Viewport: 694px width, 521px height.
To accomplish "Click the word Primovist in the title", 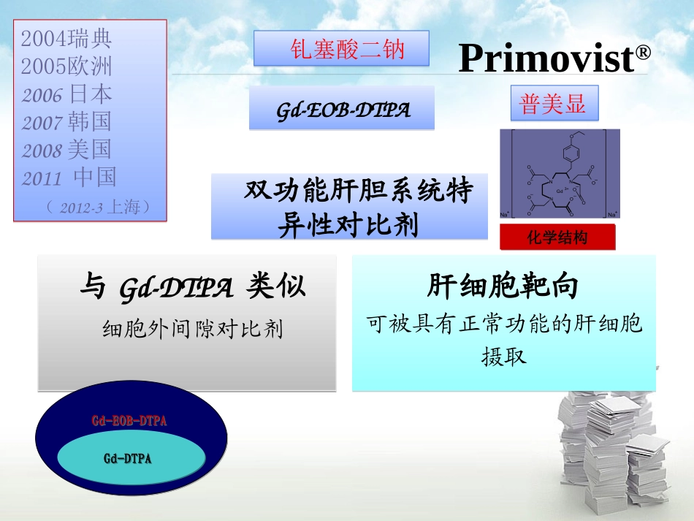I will pos(546,58).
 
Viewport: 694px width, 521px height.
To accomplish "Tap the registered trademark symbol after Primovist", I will pos(643,53).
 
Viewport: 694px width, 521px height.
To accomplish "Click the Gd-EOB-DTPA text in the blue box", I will pos(343,110).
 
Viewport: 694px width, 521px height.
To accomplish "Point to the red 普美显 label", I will pos(552,104).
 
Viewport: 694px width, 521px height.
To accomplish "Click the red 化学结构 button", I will pos(557,237).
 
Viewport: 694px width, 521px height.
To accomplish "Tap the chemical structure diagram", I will pos(559,175).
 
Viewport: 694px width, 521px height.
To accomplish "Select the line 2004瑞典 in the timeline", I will pos(67,39).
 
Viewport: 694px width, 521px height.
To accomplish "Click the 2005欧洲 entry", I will pos(67,66).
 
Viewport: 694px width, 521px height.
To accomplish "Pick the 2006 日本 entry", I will pos(67,94).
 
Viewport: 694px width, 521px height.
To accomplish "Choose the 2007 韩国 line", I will pos(67,121).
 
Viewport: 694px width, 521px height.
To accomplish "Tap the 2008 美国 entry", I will pos(67,150).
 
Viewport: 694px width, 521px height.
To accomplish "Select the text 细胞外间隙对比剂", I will pos(192,330).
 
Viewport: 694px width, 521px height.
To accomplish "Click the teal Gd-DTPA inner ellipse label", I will pos(127,458).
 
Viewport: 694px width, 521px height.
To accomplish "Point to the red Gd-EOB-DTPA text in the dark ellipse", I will pos(129,421).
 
